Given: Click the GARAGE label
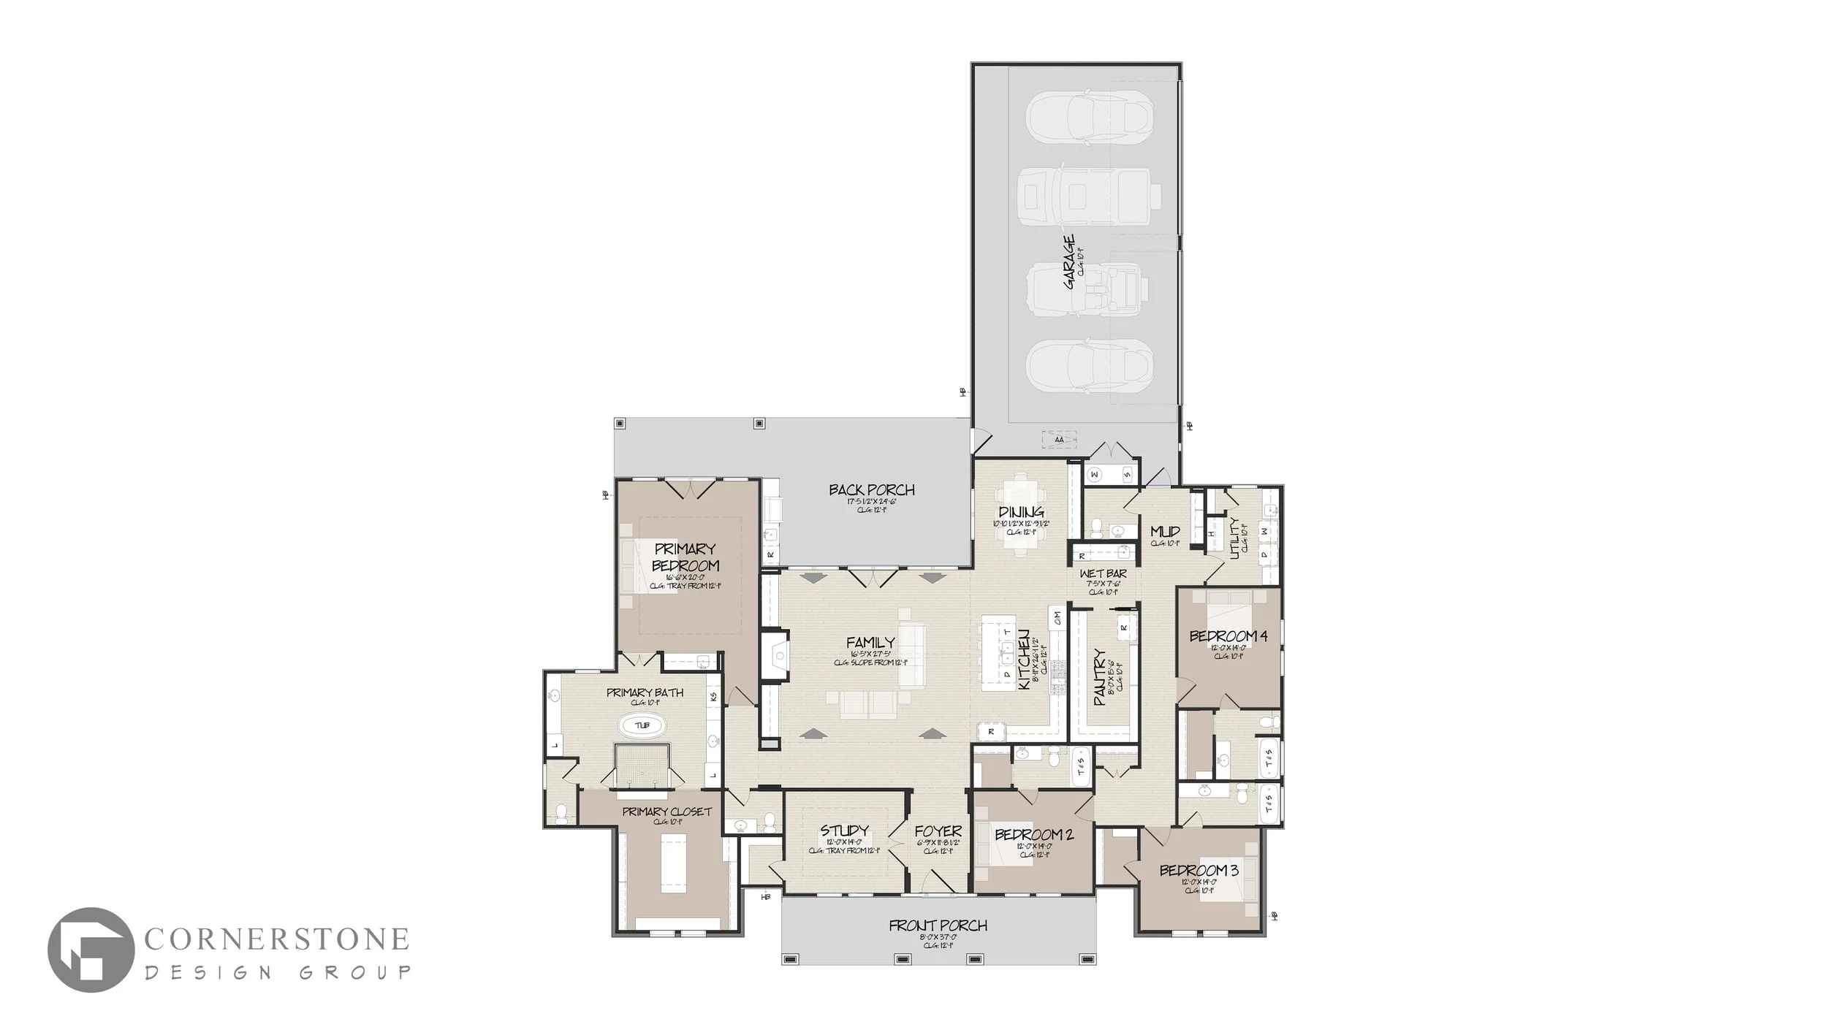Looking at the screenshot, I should pyautogui.click(x=1069, y=261).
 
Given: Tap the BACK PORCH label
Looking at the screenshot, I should pyautogui.click(x=872, y=490).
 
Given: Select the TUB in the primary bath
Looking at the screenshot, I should pyautogui.click(x=642, y=725).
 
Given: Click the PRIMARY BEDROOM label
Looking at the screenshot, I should pyautogui.click(x=685, y=557).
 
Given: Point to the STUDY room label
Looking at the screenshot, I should pyautogui.click(x=844, y=831).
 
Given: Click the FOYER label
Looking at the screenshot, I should pyautogui.click(x=938, y=832).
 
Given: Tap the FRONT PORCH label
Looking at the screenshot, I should pyautogui.click(x=938, y=926).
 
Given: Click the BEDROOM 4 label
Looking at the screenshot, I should pyautogui.click(x=1228, y=636).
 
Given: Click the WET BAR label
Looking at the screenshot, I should pyautogui.click(x=1104, y=574).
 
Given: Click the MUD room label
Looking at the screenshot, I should pyautogui.click(x=1165, y=531).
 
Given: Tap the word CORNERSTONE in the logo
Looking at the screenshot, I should pyautogui.click(x=276, y=939).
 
